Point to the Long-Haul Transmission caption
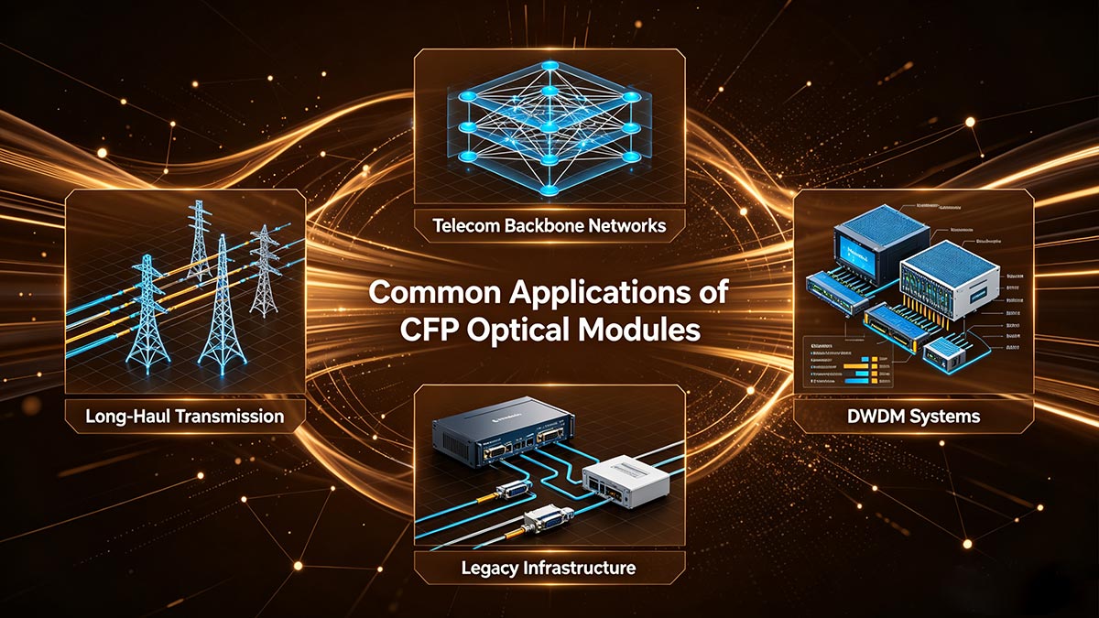pyautogui.click(x=184, y=417)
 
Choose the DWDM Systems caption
pyautogui.click(x=913, y=417)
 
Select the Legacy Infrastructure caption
pyautogui.click(x=549, y=568)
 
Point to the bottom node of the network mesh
pyautogui.click(x=549, y=188)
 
